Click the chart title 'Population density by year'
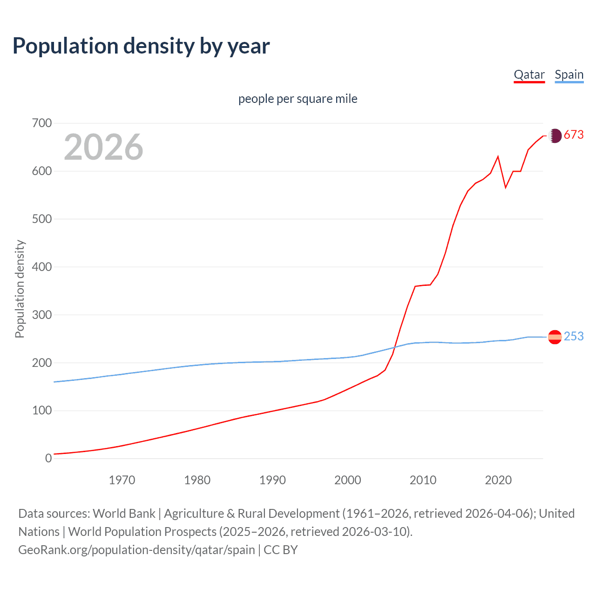tap(141, 46)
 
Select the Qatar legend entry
tap(529, 74)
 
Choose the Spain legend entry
tap(569, 74)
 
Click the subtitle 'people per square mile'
tap(298, 99)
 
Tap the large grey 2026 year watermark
tap(103, 147)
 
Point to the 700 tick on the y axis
tap(42, 123)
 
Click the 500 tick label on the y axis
tap(42, 219)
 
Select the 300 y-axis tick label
tap(42, 315)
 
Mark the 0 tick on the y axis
tap(48, 458)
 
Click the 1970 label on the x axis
tap(122, 480)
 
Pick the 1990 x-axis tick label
tap(272, 480)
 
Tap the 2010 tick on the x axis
tap(423, 480)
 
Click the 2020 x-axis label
tap(498, 480)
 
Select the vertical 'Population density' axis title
tap(20, 289)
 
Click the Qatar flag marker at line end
tap(555, 136)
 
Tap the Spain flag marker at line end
tap(555, 337)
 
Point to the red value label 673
tap(574, 135)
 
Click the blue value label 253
tap(574, 336)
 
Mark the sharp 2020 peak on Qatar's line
tap(498, 156)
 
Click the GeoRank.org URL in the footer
tap(136, 550)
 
